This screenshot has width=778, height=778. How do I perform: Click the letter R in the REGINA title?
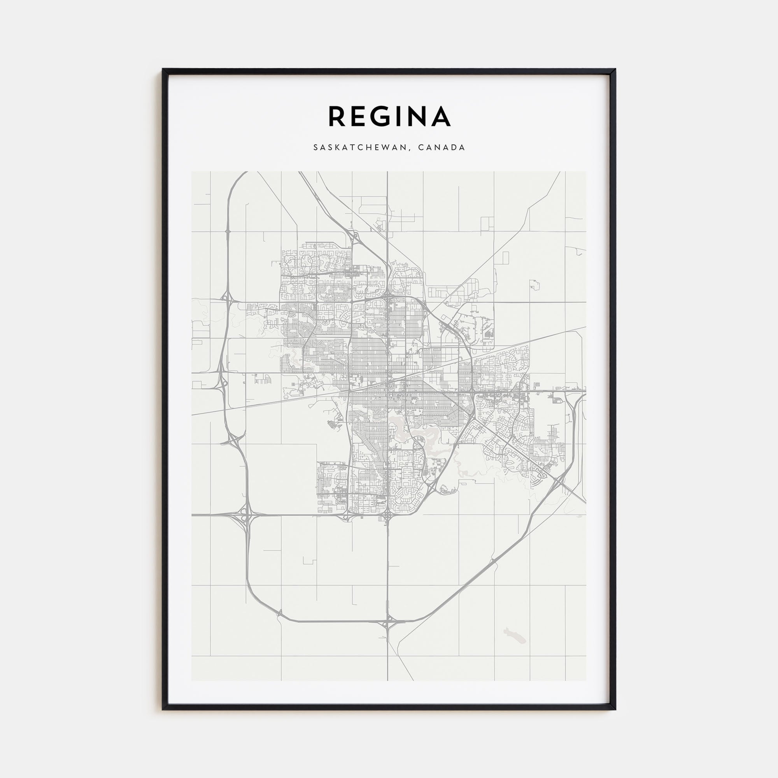coord(336,117)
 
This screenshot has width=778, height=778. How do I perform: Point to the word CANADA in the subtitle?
coord(442,148)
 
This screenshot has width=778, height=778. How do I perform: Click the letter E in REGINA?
coord(359,117)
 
